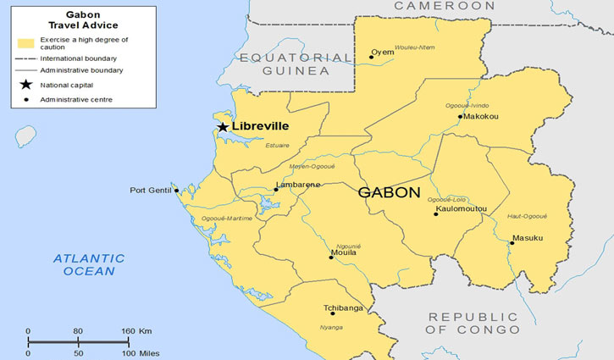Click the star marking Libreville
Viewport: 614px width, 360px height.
click(x=223, y=127)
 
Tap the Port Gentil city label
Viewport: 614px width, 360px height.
click(x=150, y=191)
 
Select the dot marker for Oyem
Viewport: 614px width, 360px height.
click(x=371, y=57)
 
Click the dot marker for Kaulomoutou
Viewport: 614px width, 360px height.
click(x=436, y=213)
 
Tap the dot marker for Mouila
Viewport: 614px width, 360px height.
click(x=331, y=257)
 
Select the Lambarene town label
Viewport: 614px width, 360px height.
click(x=297, y=185)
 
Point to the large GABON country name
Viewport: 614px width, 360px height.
click(x=389, y=192)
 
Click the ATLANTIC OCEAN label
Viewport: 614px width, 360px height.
click(x=88, y=264)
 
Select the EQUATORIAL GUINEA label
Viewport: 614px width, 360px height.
click(x=296, y=64)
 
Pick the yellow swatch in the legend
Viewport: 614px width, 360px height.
click(x=25, y=42)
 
